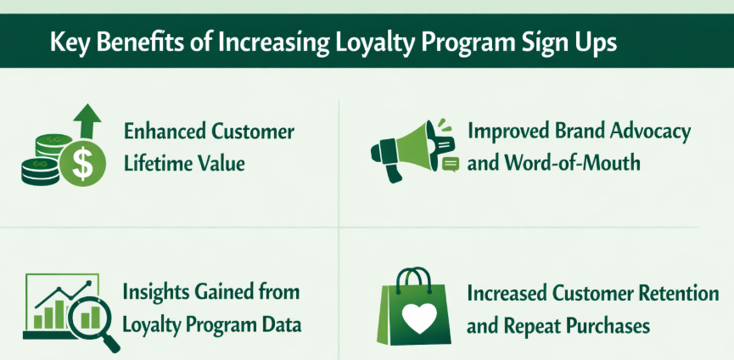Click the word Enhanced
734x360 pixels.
point(162,132)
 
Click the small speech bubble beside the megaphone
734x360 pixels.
point(451,163)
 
